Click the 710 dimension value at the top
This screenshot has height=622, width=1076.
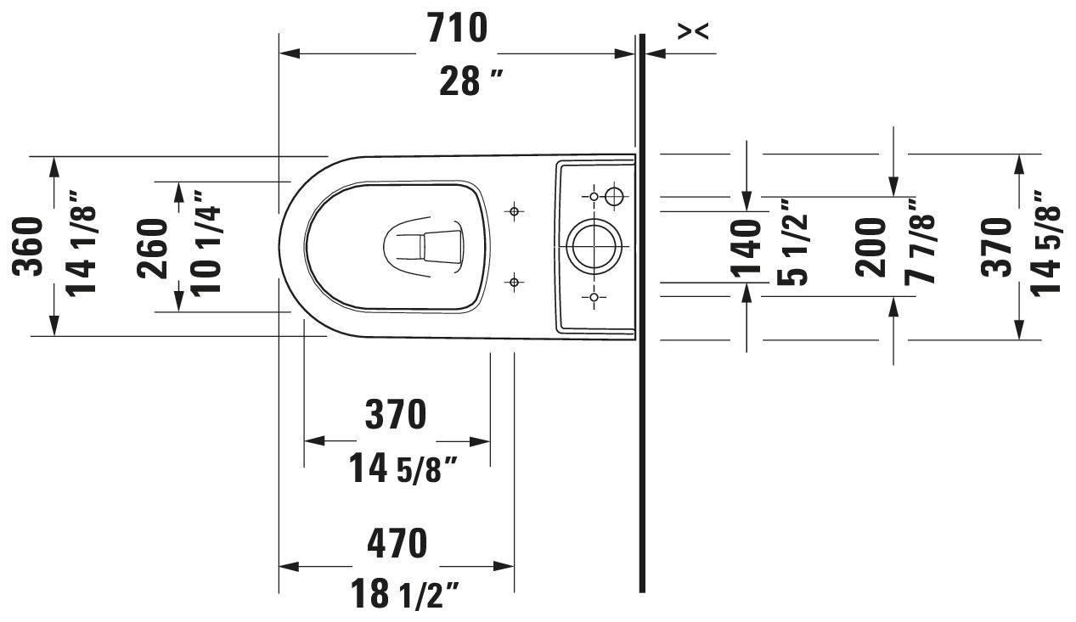tap(457, 28)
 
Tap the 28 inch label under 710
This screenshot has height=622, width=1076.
tap(471, 81)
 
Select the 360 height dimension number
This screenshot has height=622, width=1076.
tap(27, 247)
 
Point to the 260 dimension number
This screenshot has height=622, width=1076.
tap(152, 249)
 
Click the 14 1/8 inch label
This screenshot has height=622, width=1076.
tap(81, 244)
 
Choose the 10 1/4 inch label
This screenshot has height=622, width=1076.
tap(206, 243)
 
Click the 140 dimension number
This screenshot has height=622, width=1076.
tap(746, 249)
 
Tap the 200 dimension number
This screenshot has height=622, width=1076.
tap(870, 247)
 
